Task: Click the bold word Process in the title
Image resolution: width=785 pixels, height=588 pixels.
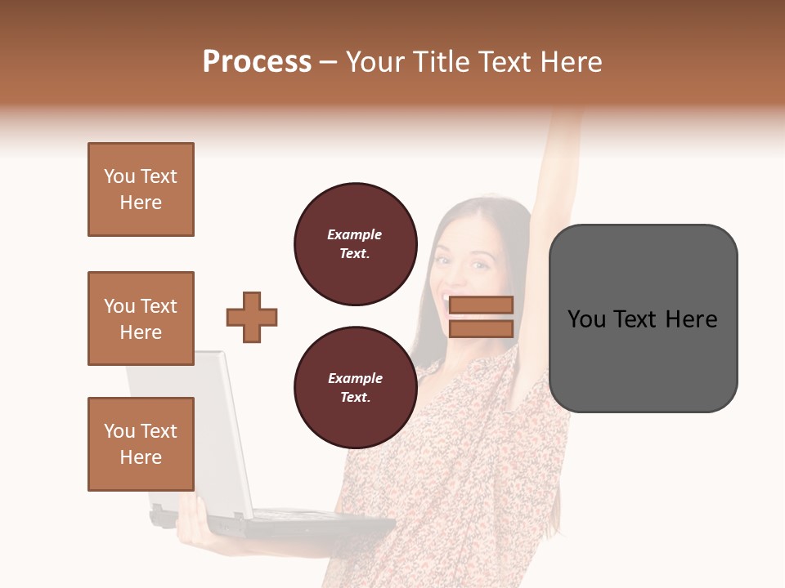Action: coord(257,62)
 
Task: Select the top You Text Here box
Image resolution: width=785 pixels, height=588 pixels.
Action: coord(141,189)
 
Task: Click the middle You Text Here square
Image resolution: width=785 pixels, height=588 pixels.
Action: coord(141,318)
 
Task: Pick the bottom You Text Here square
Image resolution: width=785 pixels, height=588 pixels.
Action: coord(141,444)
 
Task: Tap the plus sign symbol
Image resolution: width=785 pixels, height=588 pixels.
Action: coord(252,317)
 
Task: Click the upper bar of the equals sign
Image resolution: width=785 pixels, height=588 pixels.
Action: coord(481,305)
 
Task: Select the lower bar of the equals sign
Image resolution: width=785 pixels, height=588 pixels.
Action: coord(481,328)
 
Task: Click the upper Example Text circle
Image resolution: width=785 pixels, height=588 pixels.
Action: coord(356,244)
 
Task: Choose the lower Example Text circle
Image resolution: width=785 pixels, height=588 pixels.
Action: coord(356,388)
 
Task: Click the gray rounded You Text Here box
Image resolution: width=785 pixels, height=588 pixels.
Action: coord(643,318)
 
